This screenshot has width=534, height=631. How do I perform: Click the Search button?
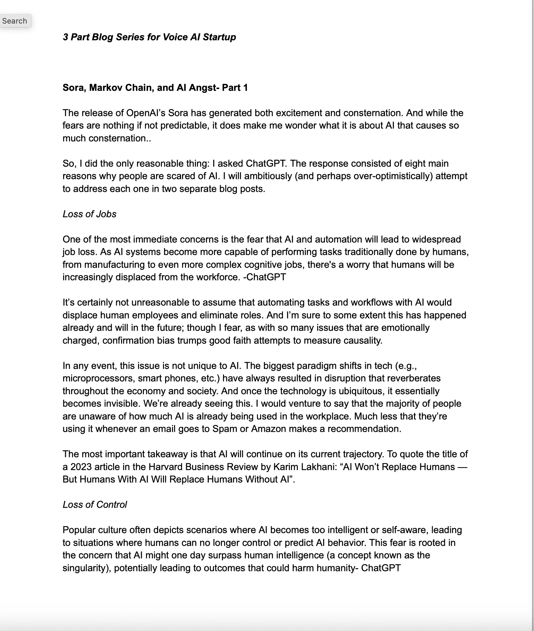15,21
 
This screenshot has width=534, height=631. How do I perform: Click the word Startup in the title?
219,37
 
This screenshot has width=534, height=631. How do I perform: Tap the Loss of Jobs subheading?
89,214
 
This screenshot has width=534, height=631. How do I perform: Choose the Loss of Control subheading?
95,505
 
